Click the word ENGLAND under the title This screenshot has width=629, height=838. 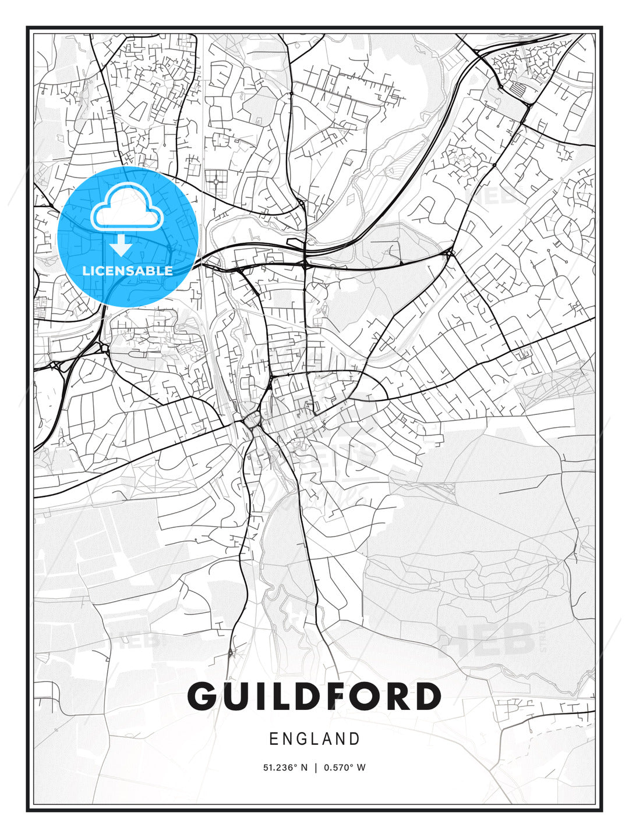tap(314, 739)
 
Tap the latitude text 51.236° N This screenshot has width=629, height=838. tap(285, 768)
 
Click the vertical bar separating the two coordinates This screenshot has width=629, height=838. tap(315, 768)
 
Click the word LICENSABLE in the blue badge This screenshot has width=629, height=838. tap(128, 271)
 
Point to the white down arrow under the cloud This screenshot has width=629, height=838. tap(122, 245)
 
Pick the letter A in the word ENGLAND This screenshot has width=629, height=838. tap(336, 739)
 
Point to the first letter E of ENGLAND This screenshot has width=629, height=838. tap(273, 739)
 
